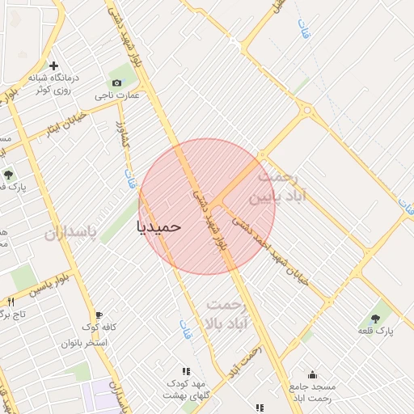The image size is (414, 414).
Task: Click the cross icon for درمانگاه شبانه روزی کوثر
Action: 54,65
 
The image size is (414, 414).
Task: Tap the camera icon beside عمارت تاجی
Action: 117,82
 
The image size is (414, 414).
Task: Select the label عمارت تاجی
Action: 128,95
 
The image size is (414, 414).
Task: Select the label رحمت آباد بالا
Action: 230,315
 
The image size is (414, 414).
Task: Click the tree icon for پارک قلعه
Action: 376,319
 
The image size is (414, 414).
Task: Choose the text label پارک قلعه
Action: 378,332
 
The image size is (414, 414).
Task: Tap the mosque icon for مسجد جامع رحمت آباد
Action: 312,374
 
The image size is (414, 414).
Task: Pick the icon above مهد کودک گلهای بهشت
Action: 187,371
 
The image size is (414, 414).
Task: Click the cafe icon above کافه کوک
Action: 99,315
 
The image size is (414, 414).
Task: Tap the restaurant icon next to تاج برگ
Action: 11,301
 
